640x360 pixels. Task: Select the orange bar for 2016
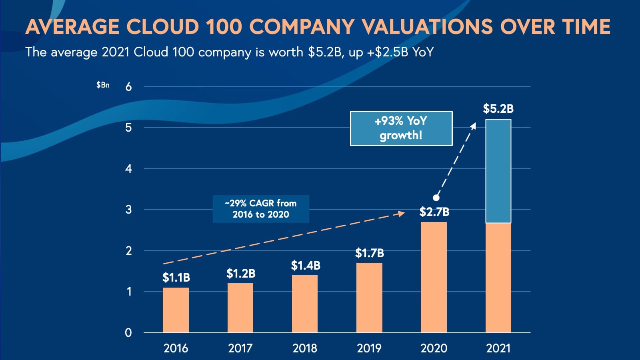point(176,310)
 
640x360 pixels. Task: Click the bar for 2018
point(305,304)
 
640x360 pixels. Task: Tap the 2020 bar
point(434,277)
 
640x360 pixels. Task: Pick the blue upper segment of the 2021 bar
point(498,171)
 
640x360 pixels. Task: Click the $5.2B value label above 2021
point(498,108)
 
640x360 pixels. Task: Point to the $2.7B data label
point(434,212)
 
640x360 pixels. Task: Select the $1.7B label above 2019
point(369,253)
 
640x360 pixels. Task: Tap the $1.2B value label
point(240,273)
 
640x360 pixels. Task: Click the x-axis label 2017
point(240,348)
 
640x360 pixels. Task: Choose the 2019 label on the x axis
point(369,348)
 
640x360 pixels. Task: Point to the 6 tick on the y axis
point(128,87)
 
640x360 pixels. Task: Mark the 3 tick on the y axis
point(128,210)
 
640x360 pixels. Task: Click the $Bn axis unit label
point(103,85)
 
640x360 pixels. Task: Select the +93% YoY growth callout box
point(401,128)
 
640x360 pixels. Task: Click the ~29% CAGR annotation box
point(261,209)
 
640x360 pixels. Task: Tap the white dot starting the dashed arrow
point(436,198)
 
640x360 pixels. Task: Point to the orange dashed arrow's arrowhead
point(402,214)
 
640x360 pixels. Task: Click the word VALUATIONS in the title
point(427,27)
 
